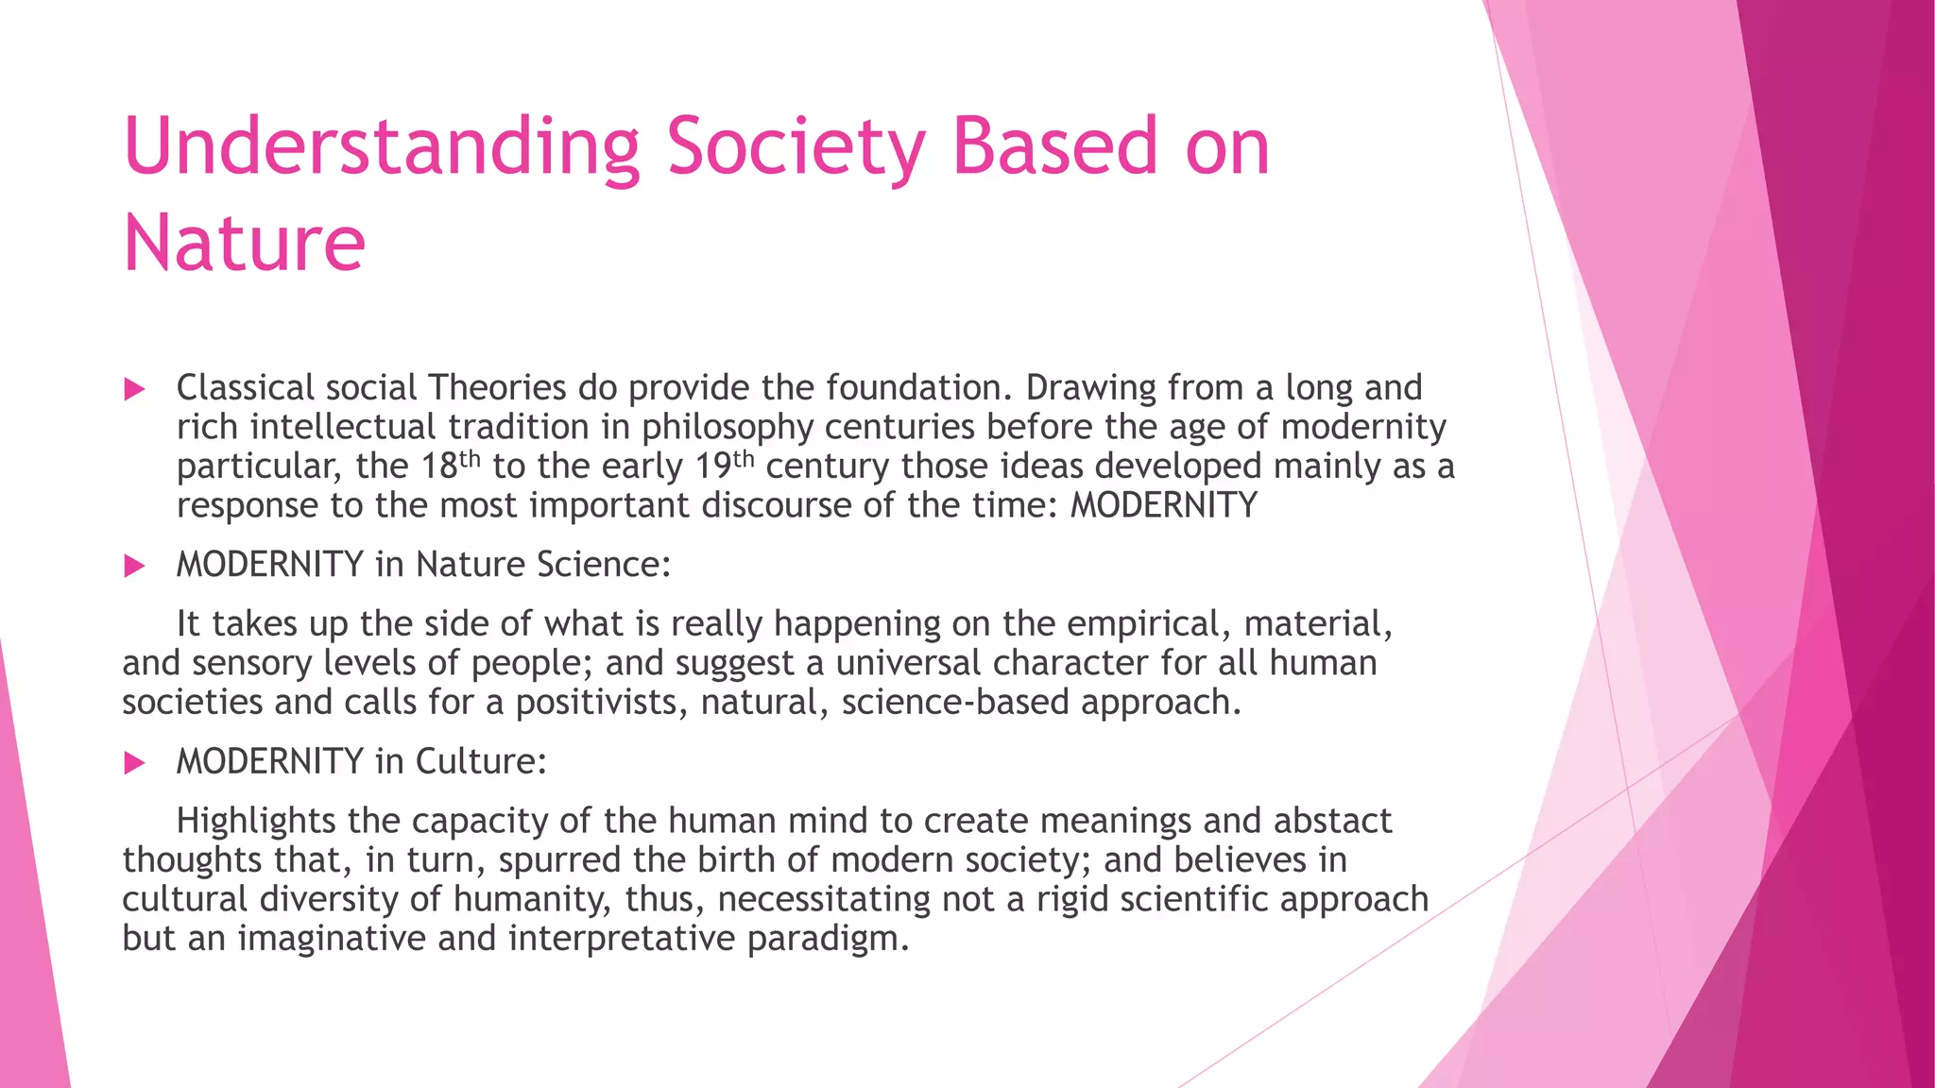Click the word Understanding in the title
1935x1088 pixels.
[382, 148]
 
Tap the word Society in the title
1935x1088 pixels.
[796, 148]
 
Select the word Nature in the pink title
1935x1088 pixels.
[244, 244]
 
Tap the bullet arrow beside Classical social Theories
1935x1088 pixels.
[135, 389]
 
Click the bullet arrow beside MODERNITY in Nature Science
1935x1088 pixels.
[135, 566]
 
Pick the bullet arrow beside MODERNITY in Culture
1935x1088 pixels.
[135, 762]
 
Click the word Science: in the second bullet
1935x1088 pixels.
[603, 565]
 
